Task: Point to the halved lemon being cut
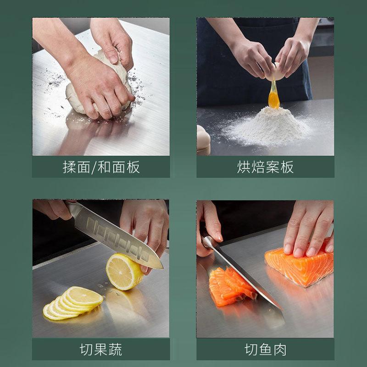pyautogui.click(x=124, y=272)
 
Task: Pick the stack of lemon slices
pyautogui.click(x=73, y=303)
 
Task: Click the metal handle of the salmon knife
pyautogui.click(x=209, y=242)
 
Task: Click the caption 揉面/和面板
pyautogui.click(x=101, y=167)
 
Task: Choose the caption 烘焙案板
pyautogui.click(x=265, y=167)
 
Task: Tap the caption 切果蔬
pyautogui.click(x=101, y=350)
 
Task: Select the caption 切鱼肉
pyautogui.click(x=266, y=350)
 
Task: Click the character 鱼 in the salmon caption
pyautogui.click(x=266, y=350)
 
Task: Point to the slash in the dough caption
pyautogui.click(x=94, y=167)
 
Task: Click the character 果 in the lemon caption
pyautogui.click(x=101, y=350)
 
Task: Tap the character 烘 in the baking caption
pyautogui.click(x=244, y=167)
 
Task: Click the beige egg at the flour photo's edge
pyautogui.click(x=203, y=140)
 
